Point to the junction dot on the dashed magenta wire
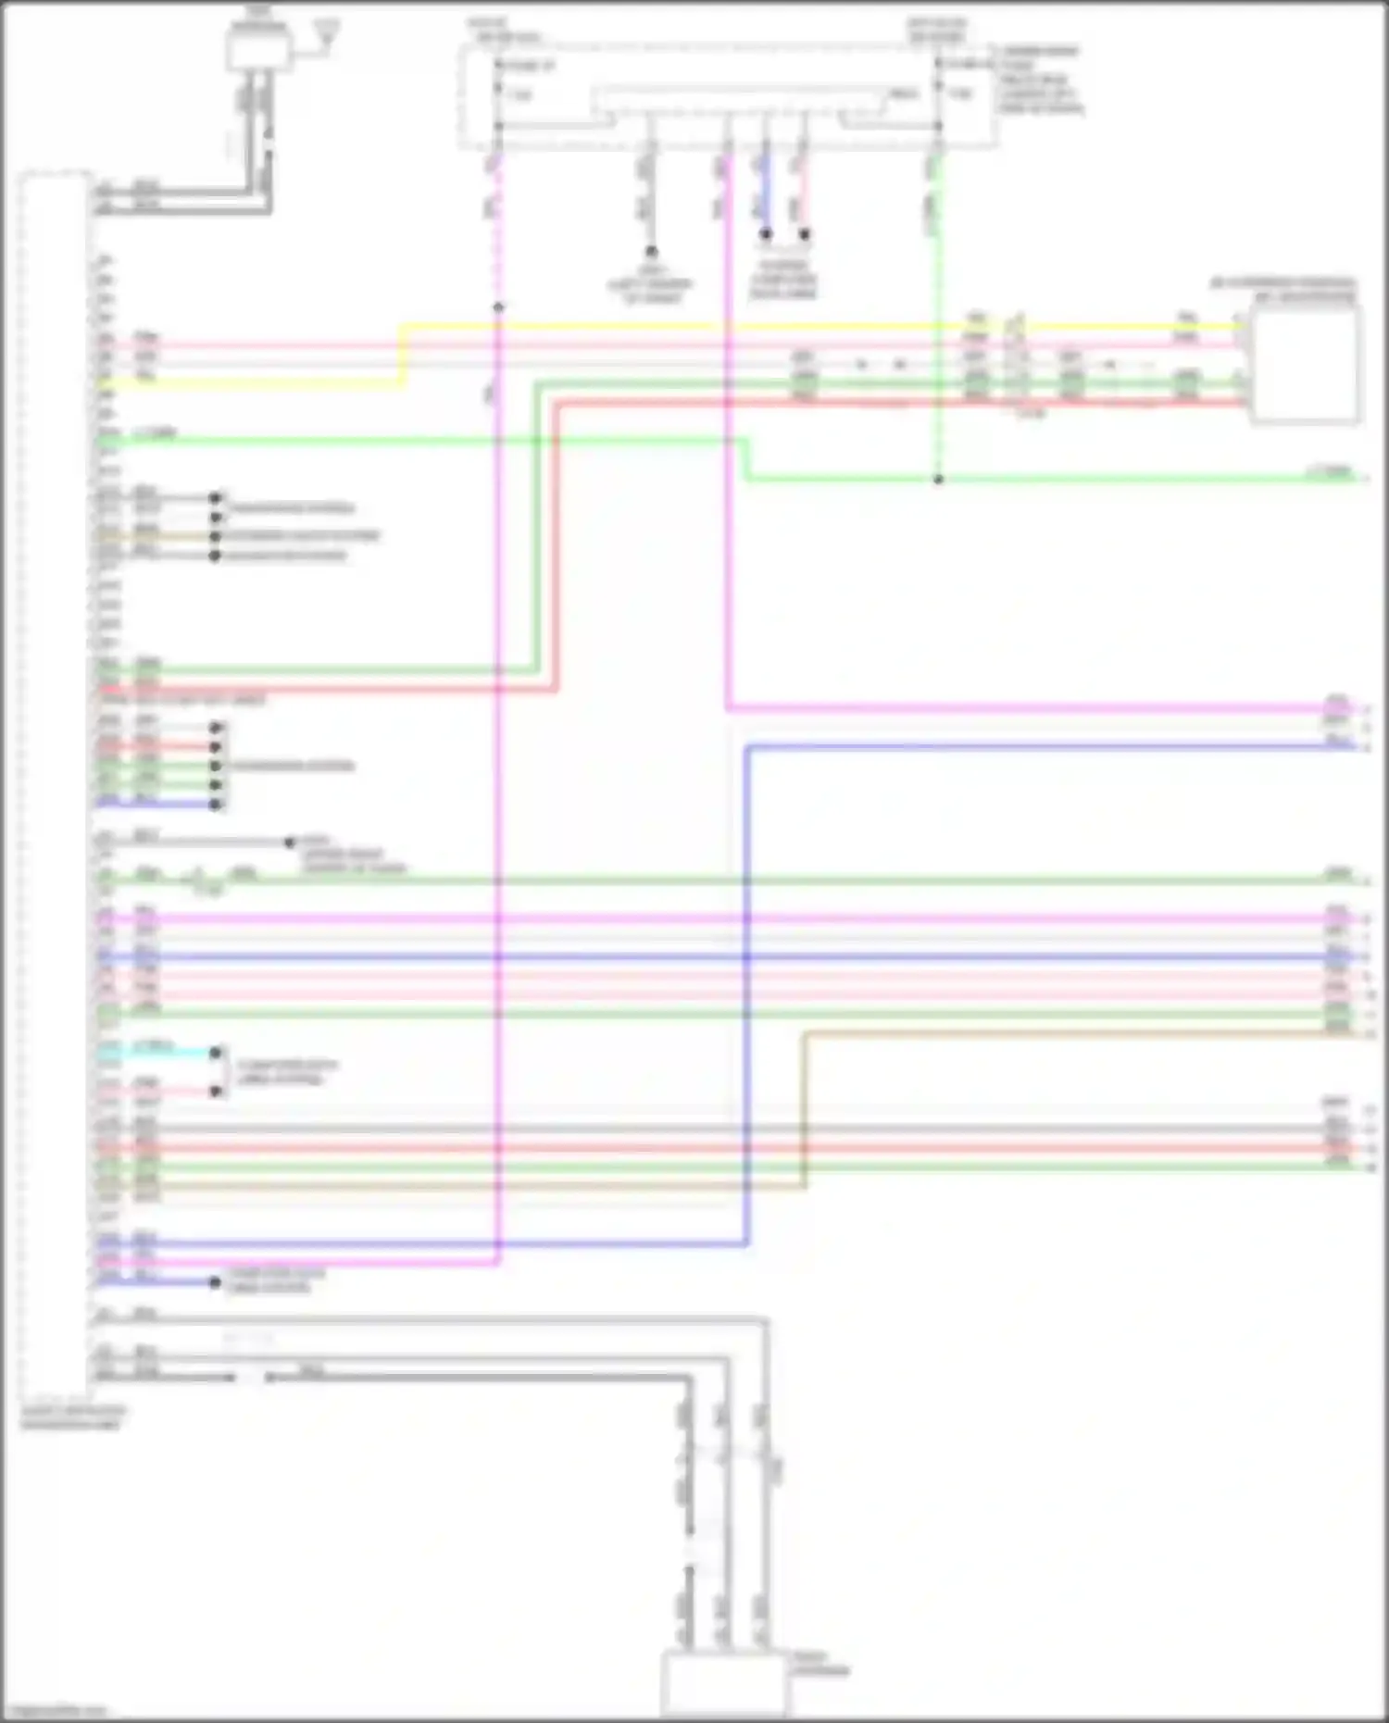(x=498, y=307)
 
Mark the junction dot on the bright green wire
(x=938, y=480)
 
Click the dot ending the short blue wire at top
(x=766, y=234)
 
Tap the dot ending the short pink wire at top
(x=804, y=234)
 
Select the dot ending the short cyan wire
(x=216, y=1053)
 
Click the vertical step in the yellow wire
(x=403, y=355)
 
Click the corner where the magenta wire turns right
(x=729, y=709)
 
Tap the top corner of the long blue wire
(x=747, y=747)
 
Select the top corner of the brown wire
(x=804, y=1034)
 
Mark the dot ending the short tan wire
(x=216, y=536)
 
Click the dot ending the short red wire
(x=216, y=747)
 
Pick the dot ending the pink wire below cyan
(x=216, y=1092)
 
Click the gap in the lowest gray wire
(x=252, y=1378)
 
